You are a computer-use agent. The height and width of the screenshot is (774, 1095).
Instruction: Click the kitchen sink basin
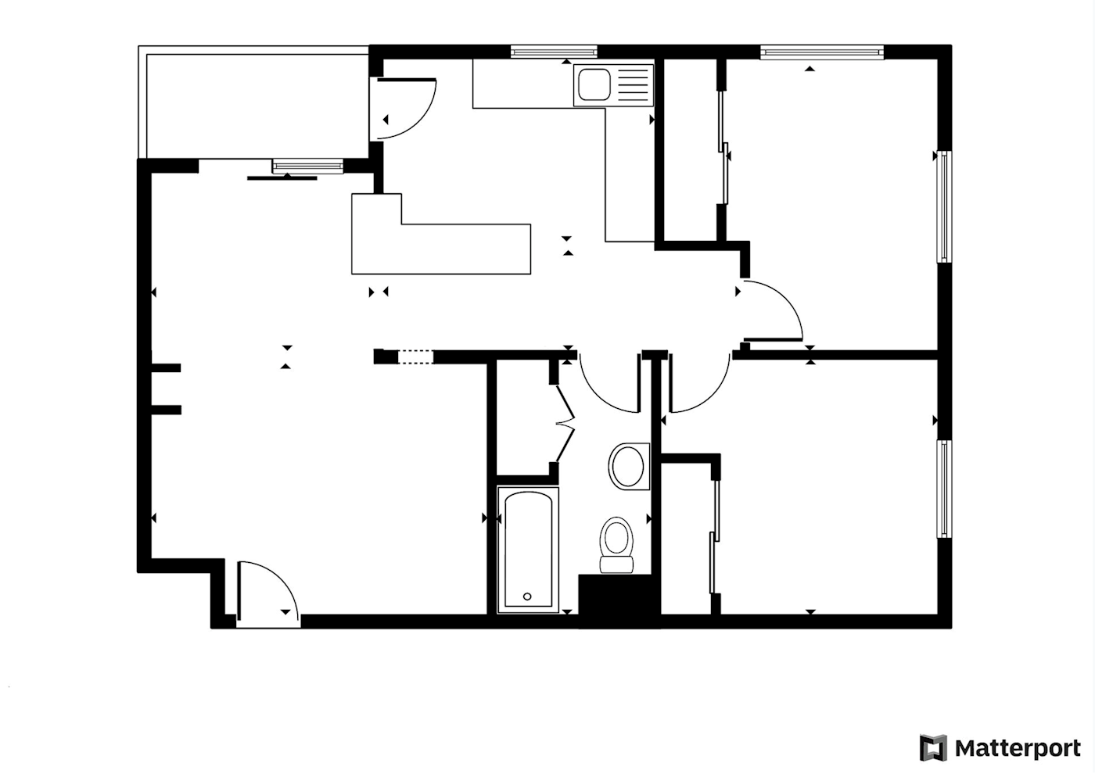pyautogui.click(x=594, y=84)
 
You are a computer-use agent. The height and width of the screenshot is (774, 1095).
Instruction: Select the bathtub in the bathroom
pyautogui.click(x=528, y=550)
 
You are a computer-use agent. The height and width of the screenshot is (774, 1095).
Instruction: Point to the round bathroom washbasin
pyautogui.click(x=629, y=467)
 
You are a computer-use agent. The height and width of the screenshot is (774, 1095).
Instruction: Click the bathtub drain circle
pyautogui.click(x=527, y=597)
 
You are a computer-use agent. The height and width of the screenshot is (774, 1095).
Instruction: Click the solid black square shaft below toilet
pyautogui.click(x=619, y=600)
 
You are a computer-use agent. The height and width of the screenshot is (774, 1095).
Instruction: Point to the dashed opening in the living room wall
pyautogui.click(x=415, y=357)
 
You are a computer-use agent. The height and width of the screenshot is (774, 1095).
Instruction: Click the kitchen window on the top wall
pyautogui.click(x=554, y=52)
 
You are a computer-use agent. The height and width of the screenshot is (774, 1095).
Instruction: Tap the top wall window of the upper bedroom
pyautogui.click(x=823, y=52)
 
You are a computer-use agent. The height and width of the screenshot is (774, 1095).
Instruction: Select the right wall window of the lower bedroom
pyautogui.click(x=945, y=489)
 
